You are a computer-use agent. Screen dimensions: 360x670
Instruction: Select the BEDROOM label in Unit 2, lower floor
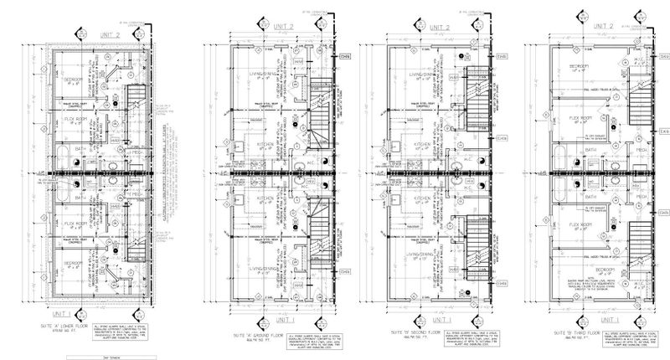coord(83,81)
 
